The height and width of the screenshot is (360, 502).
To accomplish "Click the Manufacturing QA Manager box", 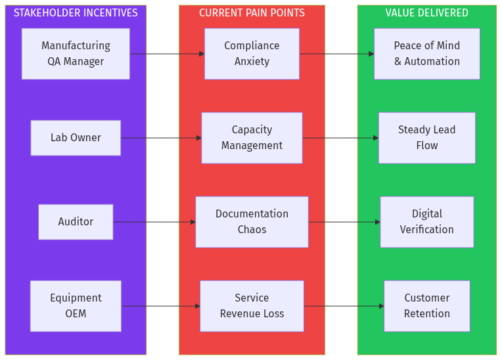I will [x=76, y=54].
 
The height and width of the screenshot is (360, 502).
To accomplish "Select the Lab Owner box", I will [x=76, y=138].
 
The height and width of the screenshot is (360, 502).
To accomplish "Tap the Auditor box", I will [x=76, y=222].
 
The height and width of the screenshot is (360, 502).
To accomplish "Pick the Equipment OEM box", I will [x=76, y=306].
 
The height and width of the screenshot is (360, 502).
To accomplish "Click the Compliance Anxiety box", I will [x=252, y=54].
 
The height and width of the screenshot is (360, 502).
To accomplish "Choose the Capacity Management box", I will [x=252, y=138].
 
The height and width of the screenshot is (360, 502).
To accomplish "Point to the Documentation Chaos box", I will [x=252, y=222].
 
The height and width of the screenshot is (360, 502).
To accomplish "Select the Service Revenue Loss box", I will [x=252, y=306].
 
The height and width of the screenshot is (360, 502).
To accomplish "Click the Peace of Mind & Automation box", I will [x=427, y=54].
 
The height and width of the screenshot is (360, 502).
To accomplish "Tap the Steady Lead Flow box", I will [x=427, y=138].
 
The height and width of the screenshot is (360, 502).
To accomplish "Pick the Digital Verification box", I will [x=427, y=222].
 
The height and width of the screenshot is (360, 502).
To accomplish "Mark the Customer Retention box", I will [x=427, y=306].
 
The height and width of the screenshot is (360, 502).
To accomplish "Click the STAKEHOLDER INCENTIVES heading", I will [x=76, y=13].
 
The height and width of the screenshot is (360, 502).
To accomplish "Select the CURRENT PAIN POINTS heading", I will [x=252, y=13].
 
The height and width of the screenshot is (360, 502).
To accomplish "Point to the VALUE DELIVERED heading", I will [x=427, y=13].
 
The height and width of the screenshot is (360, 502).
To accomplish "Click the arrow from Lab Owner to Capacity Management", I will [x=161, y=138].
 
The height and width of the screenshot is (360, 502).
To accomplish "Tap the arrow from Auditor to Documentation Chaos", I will [x=154, y=222].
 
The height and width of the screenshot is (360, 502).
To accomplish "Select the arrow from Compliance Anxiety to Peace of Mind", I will [x=336, y=54].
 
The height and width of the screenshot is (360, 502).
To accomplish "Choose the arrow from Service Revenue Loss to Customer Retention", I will [x=344, y=306].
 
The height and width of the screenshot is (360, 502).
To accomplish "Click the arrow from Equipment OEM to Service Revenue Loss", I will [x=161, y=306].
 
